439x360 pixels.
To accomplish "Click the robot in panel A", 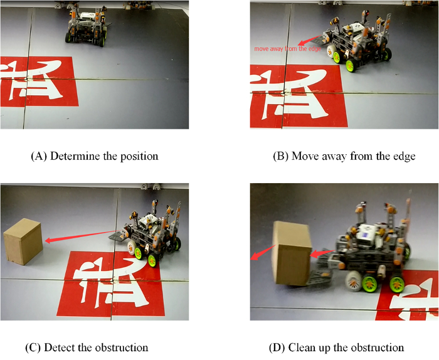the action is tap(87, 26).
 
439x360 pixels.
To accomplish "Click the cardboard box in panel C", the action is tap(23, 241).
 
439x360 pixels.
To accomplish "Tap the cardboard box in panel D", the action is tap(292, 253).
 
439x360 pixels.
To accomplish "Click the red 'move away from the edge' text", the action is tap(287, 49).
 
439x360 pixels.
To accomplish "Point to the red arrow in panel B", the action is tap(310, 40).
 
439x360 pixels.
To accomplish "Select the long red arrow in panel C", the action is tap(83, 236).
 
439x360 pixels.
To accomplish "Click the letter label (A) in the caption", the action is tap(39, 156).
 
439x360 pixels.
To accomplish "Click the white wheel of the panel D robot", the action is tap(354, 281).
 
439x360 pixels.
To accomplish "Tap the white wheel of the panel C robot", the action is tap(131, 247).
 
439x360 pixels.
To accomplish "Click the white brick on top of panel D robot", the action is tap(368, 233).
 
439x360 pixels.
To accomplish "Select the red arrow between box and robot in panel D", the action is tap(322, 253).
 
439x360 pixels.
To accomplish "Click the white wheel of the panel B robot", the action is tap(331, 50).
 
